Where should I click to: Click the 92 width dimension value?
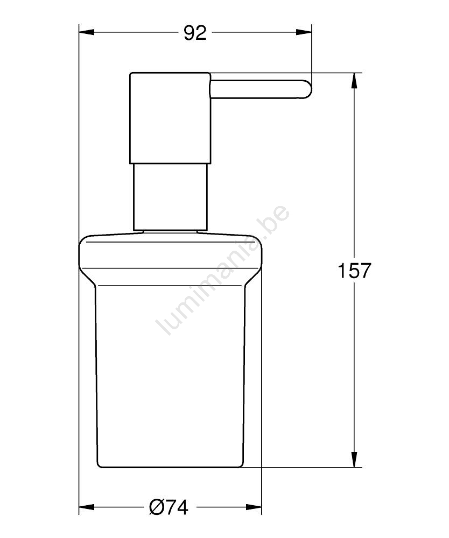click(195, 33)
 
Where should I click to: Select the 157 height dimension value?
click(355, 271)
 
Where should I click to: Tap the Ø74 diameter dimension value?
click(169, 507)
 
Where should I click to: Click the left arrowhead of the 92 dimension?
click(87, 33)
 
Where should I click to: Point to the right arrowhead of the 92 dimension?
click(304, 33)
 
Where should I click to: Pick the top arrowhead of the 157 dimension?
click(355, 81)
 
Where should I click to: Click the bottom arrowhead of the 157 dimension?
click(355, 459)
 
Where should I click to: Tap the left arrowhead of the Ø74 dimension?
click(87, 507)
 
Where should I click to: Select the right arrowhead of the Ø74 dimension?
click(254, 507)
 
